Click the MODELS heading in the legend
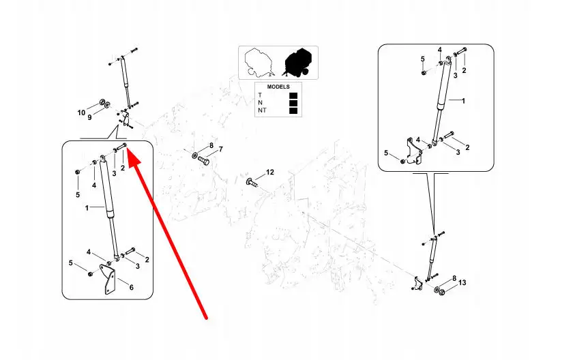click(x=278, y=87)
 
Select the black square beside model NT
click(x=293, y=110)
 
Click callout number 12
click(x=269, y=172)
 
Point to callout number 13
click(x=462, y=283)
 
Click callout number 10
click(x=80, y=112)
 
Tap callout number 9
click(x=88, y=117)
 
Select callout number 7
click(x=220, y=149)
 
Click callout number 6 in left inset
click(x=131, y=287)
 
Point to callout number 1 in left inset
click(x=87, y=207)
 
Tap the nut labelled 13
click(x=441, y=292)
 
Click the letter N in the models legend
click(x=260, y=103)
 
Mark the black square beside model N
click(x=293, y=103)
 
